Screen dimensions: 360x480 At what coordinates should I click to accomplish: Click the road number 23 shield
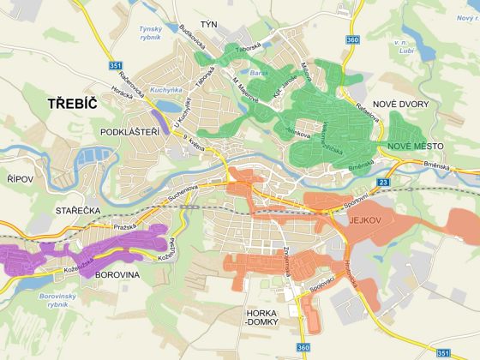point(384,183)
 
